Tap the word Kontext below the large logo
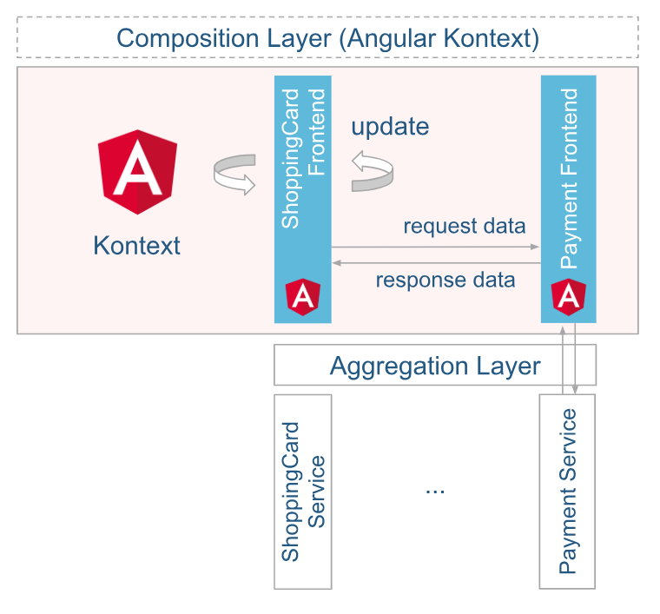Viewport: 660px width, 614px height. pyautogui.click(x=136, y=245)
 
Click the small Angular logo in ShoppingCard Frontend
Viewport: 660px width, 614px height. pyautogui.click(x=302, y=297)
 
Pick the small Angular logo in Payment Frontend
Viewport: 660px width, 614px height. pyautogui.click(x=569, y=297)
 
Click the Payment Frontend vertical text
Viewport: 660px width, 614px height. pyautogui.click(x=569, y=174)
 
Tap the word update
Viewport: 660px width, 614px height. pyautogui.click(x=390, y=127)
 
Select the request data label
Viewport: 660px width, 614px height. pyautogui.click(x=464, y=227)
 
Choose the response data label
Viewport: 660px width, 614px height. pyautogui.click(x=445, y=280)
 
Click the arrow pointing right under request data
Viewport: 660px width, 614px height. pyautogui.click(x=434, y=248)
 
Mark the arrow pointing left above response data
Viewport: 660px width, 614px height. pyautogui.click(x=434, y=261)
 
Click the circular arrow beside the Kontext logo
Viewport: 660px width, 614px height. pyautogui.click(x=234, y=174)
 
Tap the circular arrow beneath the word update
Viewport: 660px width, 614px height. pyautogui.click(x=372, y=169)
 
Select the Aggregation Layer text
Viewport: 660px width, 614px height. pyautogui.click(x=435, y=366)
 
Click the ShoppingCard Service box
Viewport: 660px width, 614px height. pyautogui.click(x=302, y=492)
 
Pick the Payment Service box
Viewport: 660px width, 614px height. pyautogui.click(x=567, y=492)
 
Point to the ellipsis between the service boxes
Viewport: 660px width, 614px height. pyautogui.click(x=435, y=492)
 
